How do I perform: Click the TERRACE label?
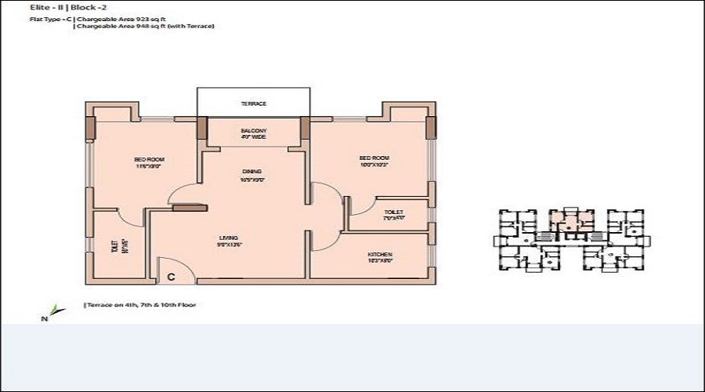(x=253, y=103)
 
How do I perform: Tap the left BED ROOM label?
(x=144, y=162)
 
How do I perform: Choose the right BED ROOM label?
(x=374, y=162)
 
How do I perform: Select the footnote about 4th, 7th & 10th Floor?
(x=139, y=304)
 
